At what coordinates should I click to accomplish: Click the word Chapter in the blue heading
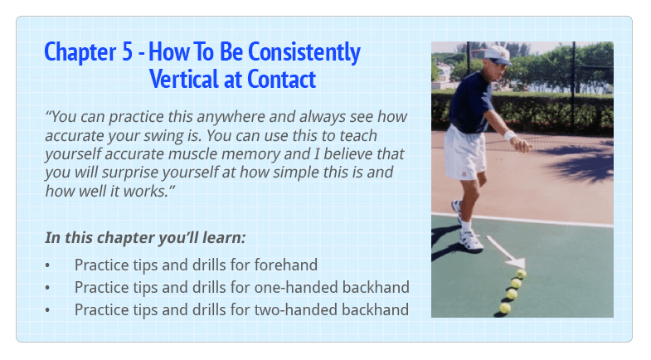click(80, 53)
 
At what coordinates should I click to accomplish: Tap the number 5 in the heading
click(127, 52)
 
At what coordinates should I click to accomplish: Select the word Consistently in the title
click(304, 53)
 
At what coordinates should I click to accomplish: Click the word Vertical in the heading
click(184, 79)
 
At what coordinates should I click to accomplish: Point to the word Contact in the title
click(281, 79)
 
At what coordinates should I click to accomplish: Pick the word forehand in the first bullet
click(286, 265)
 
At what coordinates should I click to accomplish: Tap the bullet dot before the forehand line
click(48, 265)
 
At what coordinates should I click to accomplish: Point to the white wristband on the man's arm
click(509, 135)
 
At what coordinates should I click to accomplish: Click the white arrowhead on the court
click(517, 262)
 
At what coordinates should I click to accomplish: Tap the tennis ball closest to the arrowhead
click(521, 274)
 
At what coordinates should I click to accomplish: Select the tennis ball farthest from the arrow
click(505, 308)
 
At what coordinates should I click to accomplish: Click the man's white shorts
click(464, 153)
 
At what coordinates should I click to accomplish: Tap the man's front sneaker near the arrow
click(471, 241)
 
